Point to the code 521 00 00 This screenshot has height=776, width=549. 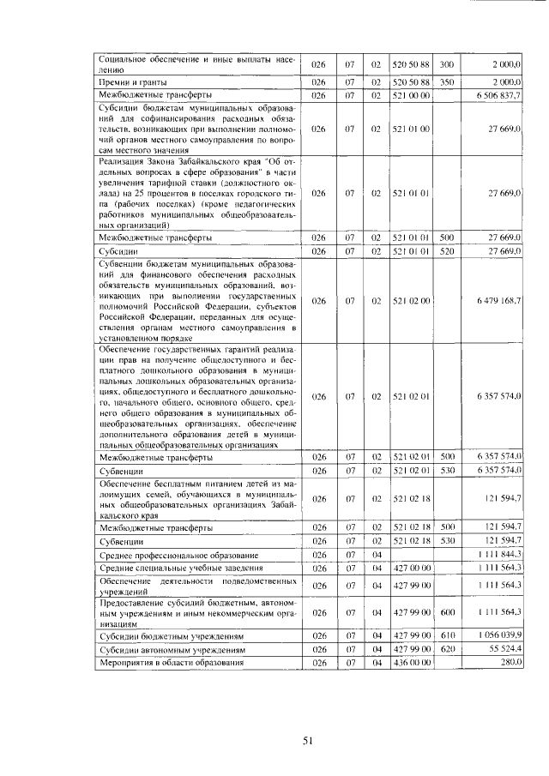pyautogui.click(x=411, y=94)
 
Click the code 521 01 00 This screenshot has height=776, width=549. pyautogui.click(x=411, y=129)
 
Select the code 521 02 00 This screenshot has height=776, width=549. pyautogui.click(x=411, y=301)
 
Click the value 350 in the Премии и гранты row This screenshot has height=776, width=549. pyautogui.click(x=446, y=81)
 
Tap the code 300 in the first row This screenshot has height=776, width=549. pyautogui.click(x=446, y=64)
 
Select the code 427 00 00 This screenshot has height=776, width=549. pyautogui.click(x=411, y=568)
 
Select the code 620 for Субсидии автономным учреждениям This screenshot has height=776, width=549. pyautogui.click(x=446, y=650)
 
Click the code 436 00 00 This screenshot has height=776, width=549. pyautogui.click(x=411, y=663)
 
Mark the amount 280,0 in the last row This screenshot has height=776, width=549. pyautogui.click(x=510, y=663)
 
